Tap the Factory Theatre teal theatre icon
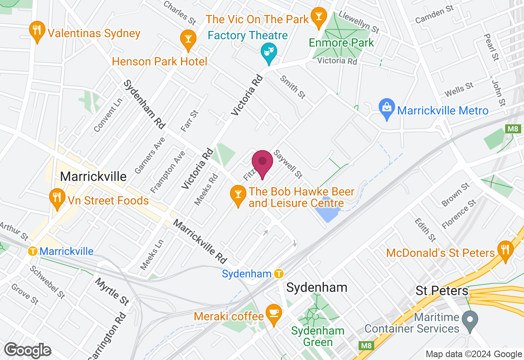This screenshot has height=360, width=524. [269, 52]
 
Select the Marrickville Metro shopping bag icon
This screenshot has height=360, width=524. [386, 108]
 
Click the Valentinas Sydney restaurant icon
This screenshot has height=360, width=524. [37, 31]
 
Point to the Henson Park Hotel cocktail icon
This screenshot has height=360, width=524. [188, 40]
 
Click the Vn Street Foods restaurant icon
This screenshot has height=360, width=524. [57, 198]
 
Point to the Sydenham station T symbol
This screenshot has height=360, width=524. [279, 273]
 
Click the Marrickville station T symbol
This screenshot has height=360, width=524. [33, 251]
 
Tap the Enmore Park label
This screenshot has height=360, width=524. [341, 43]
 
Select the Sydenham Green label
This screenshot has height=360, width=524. [318, 336]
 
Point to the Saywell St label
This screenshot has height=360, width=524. [288, 164]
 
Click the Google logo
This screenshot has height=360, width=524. [27, 350]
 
